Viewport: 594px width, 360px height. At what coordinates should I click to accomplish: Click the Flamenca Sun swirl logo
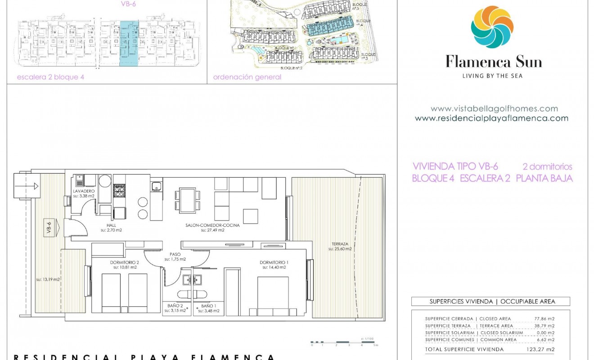click(492, 27)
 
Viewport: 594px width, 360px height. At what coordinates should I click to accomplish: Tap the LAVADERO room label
click(84, 191)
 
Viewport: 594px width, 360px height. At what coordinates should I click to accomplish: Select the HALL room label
click(111, 225)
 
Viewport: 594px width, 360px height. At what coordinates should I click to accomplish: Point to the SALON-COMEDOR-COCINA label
click(212, 225)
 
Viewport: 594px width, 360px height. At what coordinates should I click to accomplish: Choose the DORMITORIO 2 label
click(125, 263)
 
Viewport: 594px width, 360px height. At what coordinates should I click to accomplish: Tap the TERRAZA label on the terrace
click(340, 244)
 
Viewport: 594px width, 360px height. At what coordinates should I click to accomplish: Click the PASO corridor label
click(175, 255)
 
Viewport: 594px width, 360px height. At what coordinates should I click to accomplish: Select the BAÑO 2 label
click(173, 306)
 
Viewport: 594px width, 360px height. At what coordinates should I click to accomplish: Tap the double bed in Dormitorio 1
click(273, 295)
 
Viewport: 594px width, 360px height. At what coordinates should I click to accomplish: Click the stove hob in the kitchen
click(119, 191)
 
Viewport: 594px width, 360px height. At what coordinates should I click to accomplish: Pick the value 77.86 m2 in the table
click(546, 319)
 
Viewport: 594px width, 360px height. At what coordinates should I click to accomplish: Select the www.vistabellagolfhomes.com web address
click(494, 108)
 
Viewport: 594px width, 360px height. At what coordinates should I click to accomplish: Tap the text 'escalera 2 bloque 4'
click(50, 77)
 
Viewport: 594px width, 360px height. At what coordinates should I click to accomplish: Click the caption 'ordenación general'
click(247, 77)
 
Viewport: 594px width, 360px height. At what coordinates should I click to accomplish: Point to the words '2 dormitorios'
click(547, 166)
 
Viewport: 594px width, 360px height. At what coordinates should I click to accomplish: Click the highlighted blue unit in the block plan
click(129, 44)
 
